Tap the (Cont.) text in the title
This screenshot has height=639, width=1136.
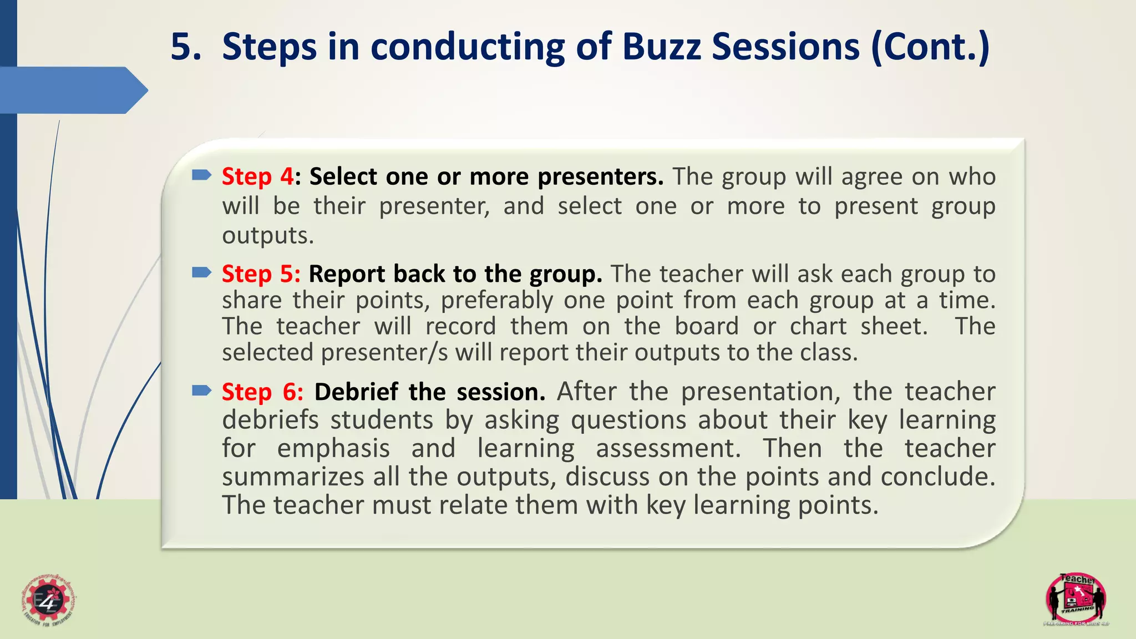tap(930, 48)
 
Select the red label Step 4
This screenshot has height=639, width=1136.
tap(257, 177)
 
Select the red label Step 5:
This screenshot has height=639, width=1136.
tap(261, 274)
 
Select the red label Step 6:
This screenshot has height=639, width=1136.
tap(262, 392)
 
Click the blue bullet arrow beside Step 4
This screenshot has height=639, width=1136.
tap(201, 176)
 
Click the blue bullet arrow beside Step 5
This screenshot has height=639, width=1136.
tap(201, 272)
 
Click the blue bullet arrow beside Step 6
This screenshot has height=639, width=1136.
tap(201, 391)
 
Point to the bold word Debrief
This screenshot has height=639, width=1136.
tap(356, 392)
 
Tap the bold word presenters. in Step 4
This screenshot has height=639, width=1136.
tap(600, 177)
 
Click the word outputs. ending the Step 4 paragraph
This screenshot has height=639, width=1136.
tap(268, 236)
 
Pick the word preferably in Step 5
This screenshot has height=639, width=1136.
tap(496, 301)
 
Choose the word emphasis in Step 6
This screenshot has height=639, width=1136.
tap(333, 449)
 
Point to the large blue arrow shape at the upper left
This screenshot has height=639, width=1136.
tap(72, 90)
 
